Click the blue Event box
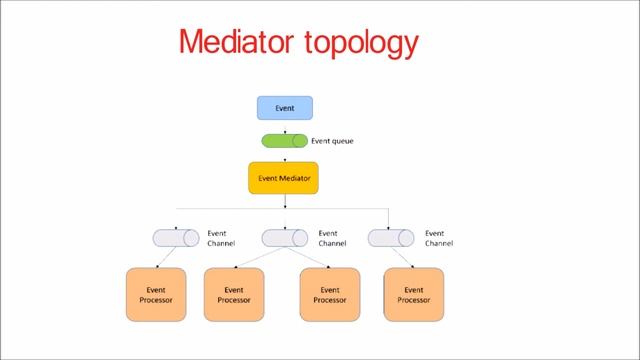[285, 107]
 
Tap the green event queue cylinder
[285, 141]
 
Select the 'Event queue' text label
[332, 141]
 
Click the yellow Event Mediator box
[283, 178]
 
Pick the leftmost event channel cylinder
[175, 238]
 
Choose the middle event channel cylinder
[285, 238]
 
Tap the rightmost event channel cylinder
[390, 238]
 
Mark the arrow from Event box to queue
[285, 126]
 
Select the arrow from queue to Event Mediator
[285, 155]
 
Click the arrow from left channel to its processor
[166, 258]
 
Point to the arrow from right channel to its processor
[401, 258]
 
